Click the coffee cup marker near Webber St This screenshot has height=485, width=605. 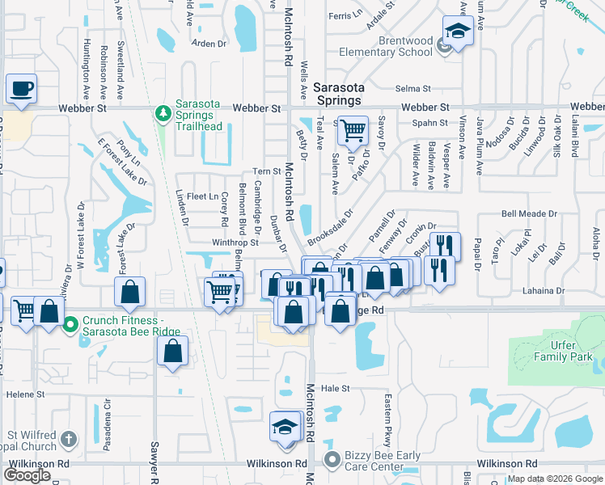[22, 88]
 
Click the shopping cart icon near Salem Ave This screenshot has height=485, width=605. [353, 129]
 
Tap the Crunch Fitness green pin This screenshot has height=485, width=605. [70, 326]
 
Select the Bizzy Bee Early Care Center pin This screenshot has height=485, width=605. [332, 461]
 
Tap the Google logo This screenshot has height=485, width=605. [27, 475]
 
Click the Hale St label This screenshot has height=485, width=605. [334, 388]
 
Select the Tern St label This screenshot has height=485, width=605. [266, 171]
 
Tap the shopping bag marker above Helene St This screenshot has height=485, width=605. [172, 352]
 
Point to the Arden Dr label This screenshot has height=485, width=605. [207, 44]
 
